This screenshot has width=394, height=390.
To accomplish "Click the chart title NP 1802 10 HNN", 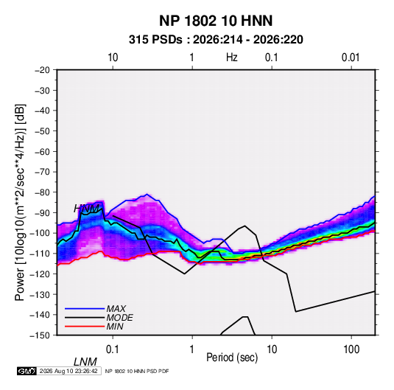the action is click(x=216, y=21).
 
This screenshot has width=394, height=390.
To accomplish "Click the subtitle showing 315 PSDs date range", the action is click(x=216, y=40).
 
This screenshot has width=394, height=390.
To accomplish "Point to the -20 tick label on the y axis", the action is click(x=42, y=70).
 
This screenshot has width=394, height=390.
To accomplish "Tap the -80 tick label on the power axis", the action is click(x=42, y=192).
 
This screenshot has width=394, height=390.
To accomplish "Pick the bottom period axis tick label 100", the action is click(x=351, y=349).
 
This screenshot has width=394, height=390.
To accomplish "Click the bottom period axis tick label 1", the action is click(x=192, y=349).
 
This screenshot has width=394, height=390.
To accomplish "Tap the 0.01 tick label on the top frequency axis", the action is click(x=351, y=58).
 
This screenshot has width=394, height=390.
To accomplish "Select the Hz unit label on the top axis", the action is click(x=232, y=58).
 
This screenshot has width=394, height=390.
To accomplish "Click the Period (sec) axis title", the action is click(x=232, y=358).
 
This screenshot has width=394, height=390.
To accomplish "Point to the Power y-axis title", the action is click(x=20, y=203).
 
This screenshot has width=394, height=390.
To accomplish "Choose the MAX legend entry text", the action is click(x=116, y=309).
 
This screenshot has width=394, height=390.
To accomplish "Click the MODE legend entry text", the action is click(x=119, y=318).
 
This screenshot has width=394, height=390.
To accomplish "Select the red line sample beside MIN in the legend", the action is click(x=85, y=327).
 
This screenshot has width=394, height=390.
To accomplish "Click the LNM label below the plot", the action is click(x=85, y=362).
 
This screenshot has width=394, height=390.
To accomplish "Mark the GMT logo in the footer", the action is click(x=27, y=371).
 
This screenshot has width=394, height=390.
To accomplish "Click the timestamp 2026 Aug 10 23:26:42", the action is click(x=68, y=371).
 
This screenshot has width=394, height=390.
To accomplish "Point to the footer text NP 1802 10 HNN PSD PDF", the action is click(x=137, y=371).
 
